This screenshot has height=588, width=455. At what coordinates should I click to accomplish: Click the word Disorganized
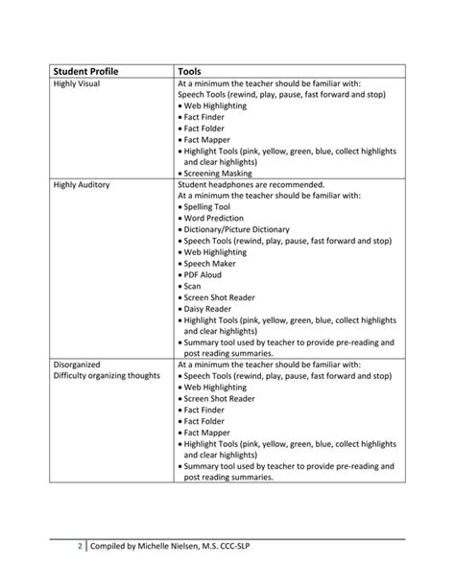[x=77, y=365]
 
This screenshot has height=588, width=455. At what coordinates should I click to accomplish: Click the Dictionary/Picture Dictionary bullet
[x=236, y=229]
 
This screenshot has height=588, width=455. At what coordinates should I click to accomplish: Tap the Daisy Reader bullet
[x=209, y=308]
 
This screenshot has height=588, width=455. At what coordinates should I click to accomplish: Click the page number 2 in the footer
[x=81, y=547]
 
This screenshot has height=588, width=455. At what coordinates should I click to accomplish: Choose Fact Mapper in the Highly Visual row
[x=206, y=139]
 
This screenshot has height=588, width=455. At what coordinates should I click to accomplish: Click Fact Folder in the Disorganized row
[x=206, y=421]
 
